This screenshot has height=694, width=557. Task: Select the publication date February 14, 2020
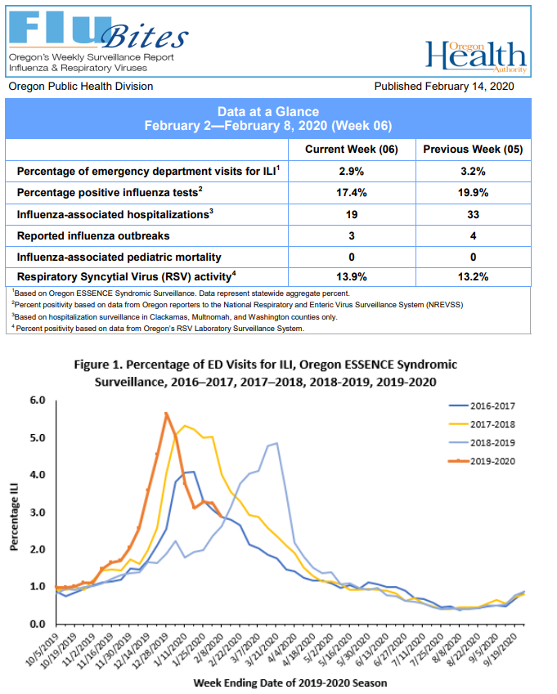tap(445, 86)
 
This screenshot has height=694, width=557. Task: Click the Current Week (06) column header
tap(351, 150)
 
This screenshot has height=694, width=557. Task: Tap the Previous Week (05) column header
tap(473, 150)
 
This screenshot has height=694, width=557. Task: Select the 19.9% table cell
tap(473, 192)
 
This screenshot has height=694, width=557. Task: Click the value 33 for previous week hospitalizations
tap(473, 214)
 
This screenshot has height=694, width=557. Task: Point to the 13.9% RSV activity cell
tap(351, 277)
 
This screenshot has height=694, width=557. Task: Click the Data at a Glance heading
tap(268, 112)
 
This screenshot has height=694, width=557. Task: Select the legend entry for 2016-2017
tap(482, 405)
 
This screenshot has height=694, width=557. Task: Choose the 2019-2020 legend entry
tap(482, 461)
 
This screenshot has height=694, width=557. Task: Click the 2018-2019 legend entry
tap(482, 442)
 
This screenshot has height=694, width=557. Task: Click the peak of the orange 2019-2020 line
tap(166, 414)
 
